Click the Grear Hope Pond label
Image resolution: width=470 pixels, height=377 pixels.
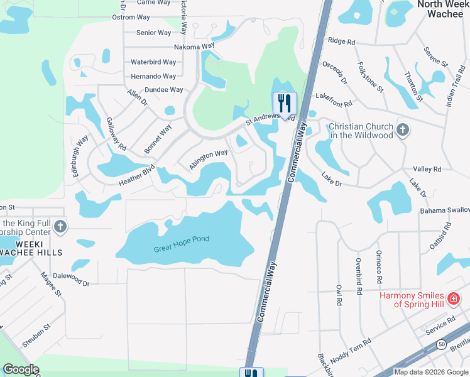[x=181, y=244]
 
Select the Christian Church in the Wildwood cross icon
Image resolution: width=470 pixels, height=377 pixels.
[x=403, y=131]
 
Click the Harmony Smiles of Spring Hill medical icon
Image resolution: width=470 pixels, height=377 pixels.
[x=452, y=300]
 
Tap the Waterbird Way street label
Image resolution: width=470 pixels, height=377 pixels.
[x=153, y=62]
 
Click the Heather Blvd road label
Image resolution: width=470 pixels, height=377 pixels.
[x=136, y=175]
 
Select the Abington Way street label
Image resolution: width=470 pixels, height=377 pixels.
[x=208, y=158]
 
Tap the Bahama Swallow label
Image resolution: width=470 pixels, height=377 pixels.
[x=445, y=209]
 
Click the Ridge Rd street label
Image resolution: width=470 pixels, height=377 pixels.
[x=342, y=41]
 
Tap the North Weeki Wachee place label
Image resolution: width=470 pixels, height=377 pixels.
[x=444, y=9]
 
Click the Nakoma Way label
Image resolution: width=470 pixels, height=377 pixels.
[x=195, y=46]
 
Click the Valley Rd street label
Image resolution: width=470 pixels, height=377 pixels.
[x=427, y=170]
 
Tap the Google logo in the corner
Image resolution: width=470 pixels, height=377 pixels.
[x=21, y=369]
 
